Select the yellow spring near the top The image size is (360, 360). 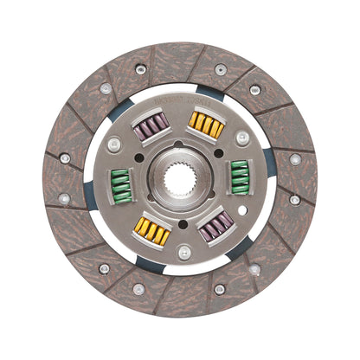click(x=208, y=127)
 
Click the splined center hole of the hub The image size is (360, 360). click(x=181, y=180)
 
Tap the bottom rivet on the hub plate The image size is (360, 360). click(x=183, y=252)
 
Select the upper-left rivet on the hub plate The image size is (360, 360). click(x=114, y=143)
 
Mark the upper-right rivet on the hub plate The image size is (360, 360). click(x=242, y=138)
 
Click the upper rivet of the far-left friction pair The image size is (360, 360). click(x=65, y=158)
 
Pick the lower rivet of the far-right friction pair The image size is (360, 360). click(x=295, y=200)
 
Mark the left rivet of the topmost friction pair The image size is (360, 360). click(x=140, y=69)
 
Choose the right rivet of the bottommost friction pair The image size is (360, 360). click(x=220, y=289)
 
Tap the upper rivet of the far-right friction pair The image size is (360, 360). click(x=295, y=159)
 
